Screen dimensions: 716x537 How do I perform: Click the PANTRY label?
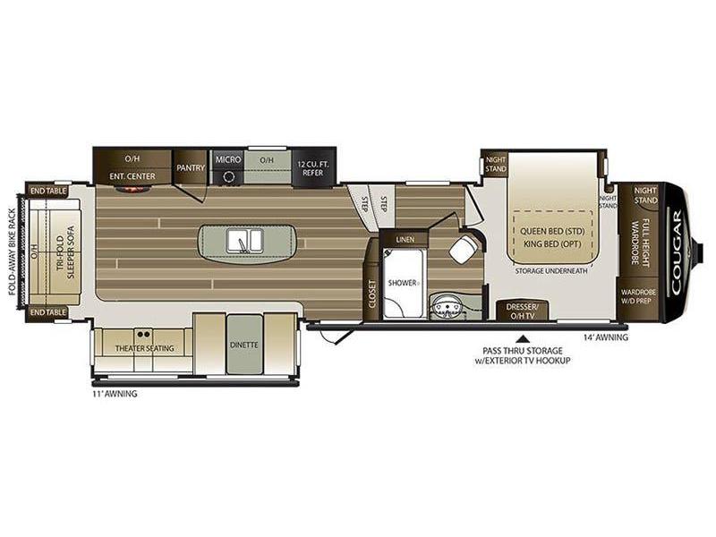point(191,167)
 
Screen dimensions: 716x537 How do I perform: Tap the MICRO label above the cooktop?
point(228,159)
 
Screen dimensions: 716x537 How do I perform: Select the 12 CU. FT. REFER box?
point(313,168)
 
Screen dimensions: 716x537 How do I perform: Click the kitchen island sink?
point(244,241)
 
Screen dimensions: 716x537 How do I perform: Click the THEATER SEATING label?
point(144,348)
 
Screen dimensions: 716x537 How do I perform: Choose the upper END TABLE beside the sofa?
point(48,191)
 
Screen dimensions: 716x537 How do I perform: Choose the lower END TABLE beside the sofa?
point(48,312)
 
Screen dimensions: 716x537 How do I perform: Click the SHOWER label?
point(402,283)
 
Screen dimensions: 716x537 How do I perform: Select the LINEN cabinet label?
point(405,239)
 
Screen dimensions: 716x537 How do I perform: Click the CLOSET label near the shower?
point(372,294)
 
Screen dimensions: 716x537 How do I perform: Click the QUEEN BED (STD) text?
point(552,231)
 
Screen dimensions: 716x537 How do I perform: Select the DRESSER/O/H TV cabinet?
point(522,310)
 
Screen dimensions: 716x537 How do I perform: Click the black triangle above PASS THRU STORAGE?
point(523,339)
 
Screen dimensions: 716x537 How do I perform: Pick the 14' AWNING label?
point(606,337)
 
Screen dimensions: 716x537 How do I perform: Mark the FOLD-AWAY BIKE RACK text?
point(13,259)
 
